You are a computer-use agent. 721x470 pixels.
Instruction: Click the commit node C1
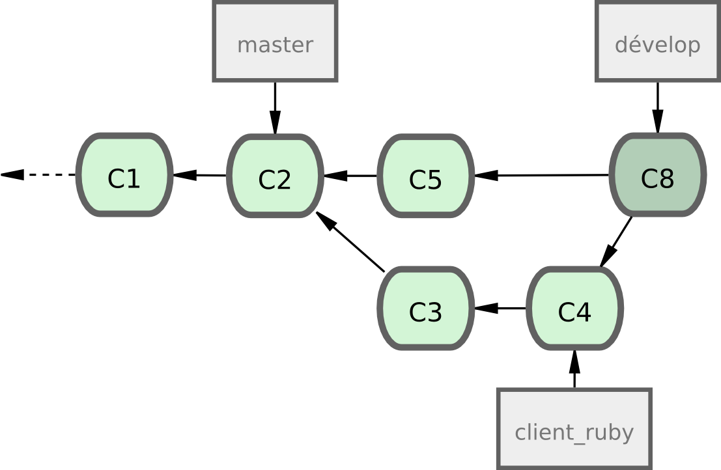tap(124, 175)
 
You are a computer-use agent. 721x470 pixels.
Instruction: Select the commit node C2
tap(275, 176)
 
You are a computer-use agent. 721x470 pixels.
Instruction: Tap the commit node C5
tap(425, 176)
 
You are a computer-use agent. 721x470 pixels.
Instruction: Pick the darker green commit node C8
tap(657, 175)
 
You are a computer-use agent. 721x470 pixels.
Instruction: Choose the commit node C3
tap(425, 309)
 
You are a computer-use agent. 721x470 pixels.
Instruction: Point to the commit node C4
tap(574, 309)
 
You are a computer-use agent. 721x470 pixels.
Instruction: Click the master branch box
tap(275, 42)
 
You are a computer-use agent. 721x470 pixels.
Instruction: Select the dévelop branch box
tap(657, 42)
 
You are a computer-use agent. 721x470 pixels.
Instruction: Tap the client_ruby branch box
tap(574, 429)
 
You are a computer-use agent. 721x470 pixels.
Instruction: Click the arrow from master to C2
tap(275, 107)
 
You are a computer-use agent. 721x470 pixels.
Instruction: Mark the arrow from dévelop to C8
tap(657, 107)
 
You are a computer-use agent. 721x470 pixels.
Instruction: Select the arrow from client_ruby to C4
tap(574, 370)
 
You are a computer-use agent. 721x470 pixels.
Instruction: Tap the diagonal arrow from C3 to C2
tap(350, 242)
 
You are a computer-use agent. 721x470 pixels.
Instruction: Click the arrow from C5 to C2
tap(350, 175)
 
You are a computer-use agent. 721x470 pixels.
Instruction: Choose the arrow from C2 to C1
tap(199, 175)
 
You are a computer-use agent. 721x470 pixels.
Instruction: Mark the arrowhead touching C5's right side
tap(485, 175)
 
